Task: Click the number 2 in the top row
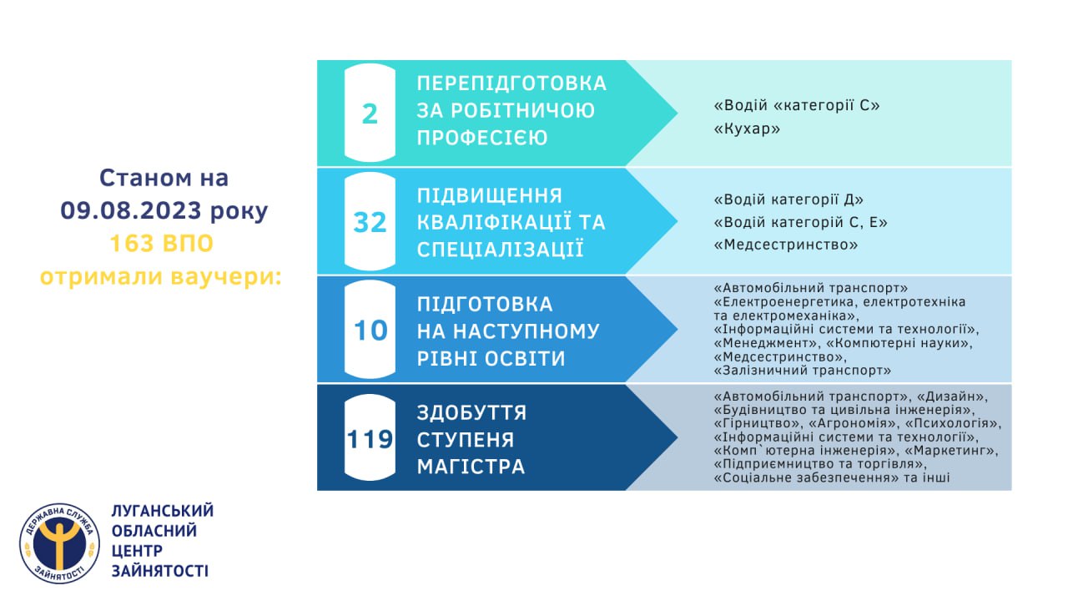click(x=370, y=114)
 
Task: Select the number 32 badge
click(x=370, y=222)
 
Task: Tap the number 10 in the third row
click(x=370, y=331)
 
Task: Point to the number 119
click(x=370, y=439)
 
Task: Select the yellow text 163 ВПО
click(x=162, y=243)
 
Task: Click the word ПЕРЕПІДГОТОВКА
click(x=511, y=83)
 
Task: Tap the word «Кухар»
click(x=747, y=129)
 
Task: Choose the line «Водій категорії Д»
click(x=788, y=199)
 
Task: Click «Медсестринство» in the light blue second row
click(x=786, y=245)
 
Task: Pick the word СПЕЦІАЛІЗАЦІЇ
click(x=500, y=250)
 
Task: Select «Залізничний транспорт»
click(x=803, y=370)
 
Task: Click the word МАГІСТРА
click(x=471, y=467)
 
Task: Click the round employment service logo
click(x=59, y=543)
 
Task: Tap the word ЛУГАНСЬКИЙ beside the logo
click(x=163, y=511)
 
